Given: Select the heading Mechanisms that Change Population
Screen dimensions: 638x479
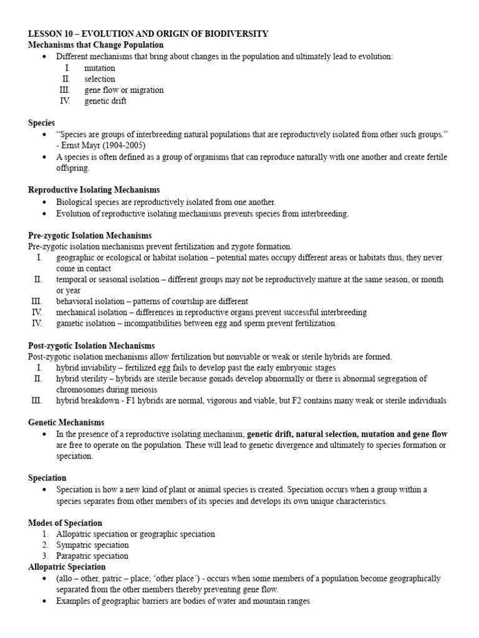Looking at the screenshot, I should [x=96, y=45].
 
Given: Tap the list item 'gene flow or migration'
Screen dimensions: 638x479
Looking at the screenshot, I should [x=123, y=90].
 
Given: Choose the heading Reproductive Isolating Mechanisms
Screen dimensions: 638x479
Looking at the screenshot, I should [x=94, y=190].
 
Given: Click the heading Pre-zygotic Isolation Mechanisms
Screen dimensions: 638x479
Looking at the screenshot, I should [x=90, y=236].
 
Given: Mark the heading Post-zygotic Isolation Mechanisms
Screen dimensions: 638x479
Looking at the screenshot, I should [x=92, y=346].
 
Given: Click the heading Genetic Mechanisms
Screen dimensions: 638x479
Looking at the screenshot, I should [x=66, y=422].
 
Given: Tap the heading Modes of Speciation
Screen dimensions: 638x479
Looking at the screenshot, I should [x=65, y=523].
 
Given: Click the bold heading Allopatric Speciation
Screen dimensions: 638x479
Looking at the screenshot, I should [x=67, y=567].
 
